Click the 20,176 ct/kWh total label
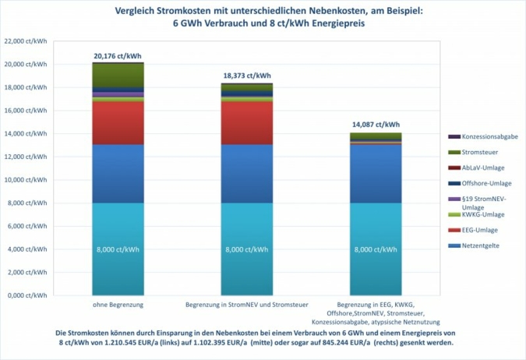tap(117, 56)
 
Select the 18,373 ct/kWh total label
tap(246, 76)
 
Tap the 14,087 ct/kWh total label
tap(376, 125)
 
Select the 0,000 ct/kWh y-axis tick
tap(26, 295)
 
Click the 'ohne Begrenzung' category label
tap(117, 303)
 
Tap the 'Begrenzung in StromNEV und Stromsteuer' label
tap(246, 303)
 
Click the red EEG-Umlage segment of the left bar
tap(117, 123)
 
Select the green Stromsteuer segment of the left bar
tap(117, 73)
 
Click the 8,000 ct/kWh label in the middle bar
tap(246, 251)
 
